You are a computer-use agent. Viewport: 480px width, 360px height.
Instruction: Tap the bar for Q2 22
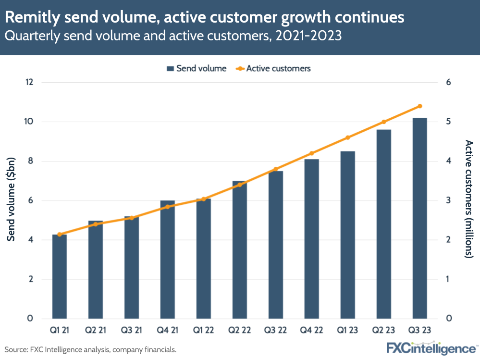(x=239, y=250)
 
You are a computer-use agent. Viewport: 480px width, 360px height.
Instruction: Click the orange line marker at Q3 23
(x=419, y=106)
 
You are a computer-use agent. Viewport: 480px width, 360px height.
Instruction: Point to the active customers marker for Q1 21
(x=60, y=235)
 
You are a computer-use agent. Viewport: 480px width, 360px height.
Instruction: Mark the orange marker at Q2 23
(x=383, y=122)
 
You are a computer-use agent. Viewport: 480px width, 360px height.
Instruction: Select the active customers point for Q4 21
(x=168, y=207)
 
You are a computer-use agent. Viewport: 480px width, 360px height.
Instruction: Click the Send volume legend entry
(x=196, y=68)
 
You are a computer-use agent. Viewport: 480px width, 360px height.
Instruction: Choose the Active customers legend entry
(x=273, y=68)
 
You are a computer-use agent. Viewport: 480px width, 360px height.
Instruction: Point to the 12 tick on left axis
(x=29, y=82)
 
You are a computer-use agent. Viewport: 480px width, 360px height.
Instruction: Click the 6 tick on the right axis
(x=448, y=82)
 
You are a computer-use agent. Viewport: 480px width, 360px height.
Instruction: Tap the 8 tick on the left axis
(x=29, y=161)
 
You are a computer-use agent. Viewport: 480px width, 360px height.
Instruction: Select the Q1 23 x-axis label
(x=347, y=331)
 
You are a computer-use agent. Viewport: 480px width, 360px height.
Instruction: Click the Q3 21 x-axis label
(x=132, y=331)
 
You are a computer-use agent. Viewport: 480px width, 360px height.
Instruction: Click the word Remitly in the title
(x=31, y=18)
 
